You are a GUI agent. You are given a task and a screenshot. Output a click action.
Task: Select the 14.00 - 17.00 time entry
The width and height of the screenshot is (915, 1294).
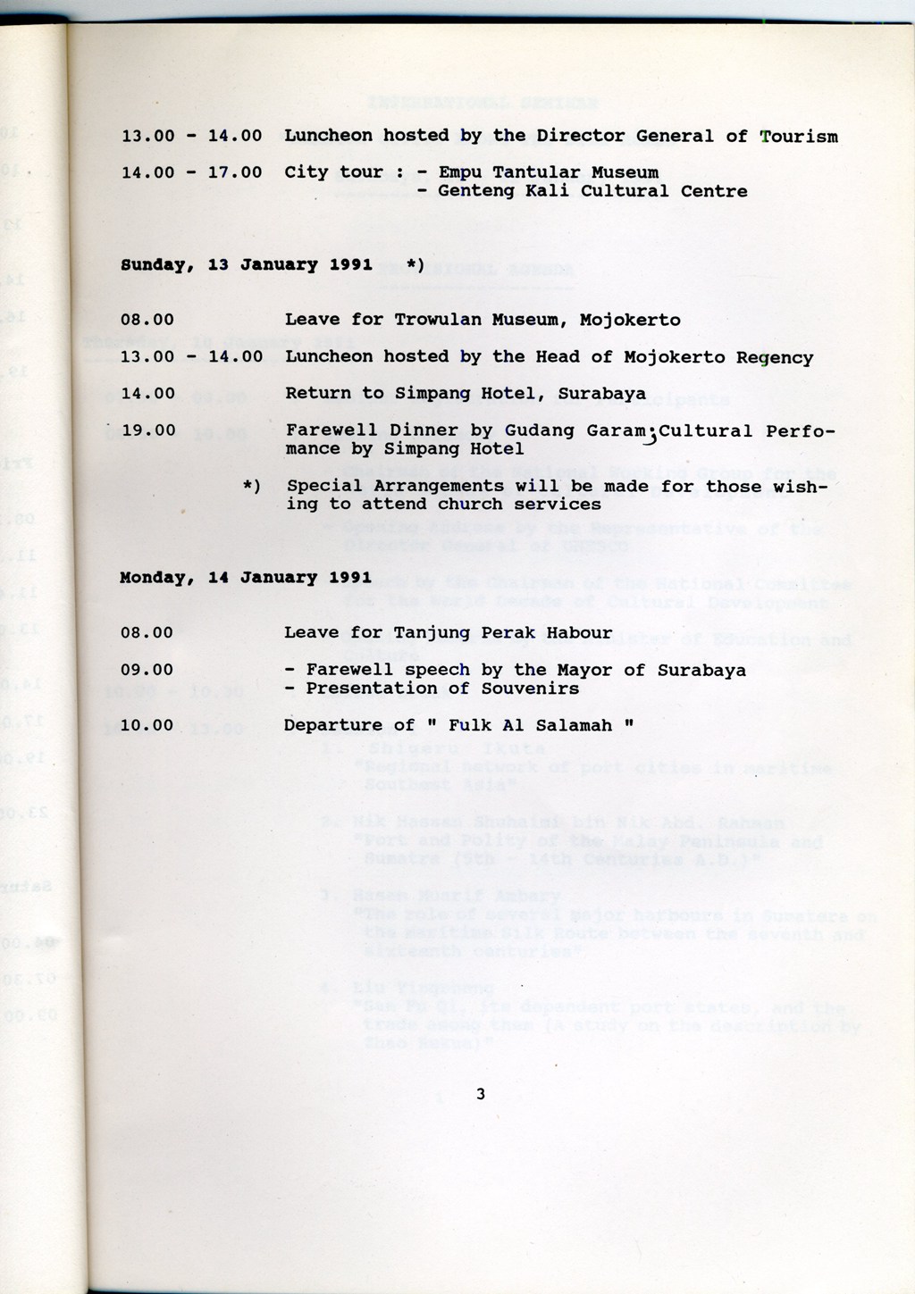pos(191,172)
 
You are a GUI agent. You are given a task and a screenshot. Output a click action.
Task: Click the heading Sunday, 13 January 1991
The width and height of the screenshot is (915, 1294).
pos(246,265)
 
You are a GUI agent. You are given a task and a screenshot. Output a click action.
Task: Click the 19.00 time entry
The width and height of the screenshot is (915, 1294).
pos(147,430)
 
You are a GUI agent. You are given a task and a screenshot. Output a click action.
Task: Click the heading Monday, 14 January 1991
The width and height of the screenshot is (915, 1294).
pos(246,578)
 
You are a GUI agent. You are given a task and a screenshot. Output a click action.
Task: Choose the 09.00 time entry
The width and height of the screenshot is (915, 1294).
pos(147,670)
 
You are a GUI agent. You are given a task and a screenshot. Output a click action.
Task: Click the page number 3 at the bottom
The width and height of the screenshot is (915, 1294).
pos(481,1094)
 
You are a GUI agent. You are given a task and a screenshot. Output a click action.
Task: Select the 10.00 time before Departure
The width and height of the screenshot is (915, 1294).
pos(147,725)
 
